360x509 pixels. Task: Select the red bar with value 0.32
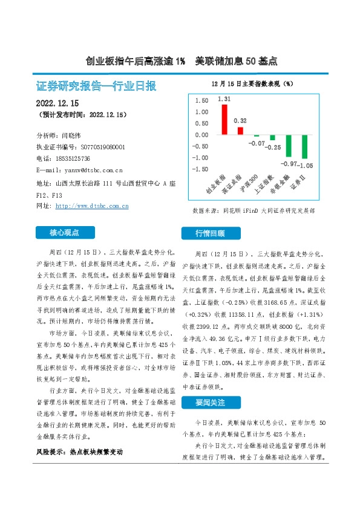pyautogui.click(x=240, y=131)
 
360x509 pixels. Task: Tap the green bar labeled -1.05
pyautogui.click(x=304, y=147)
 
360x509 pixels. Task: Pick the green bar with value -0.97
pyautogui.click(x=288, y=146)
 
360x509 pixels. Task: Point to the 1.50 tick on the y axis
pyautogui.click(x=201, y=100)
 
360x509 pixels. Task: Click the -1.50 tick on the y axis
pyautogui.click(x=200, y=169)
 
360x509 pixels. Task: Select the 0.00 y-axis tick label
pyautogui.click(x=201, y=135)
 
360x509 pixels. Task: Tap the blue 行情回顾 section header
pyautogui.click(x=210, y=233)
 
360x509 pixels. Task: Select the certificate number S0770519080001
pyautogui.click(x=94, y=147)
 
